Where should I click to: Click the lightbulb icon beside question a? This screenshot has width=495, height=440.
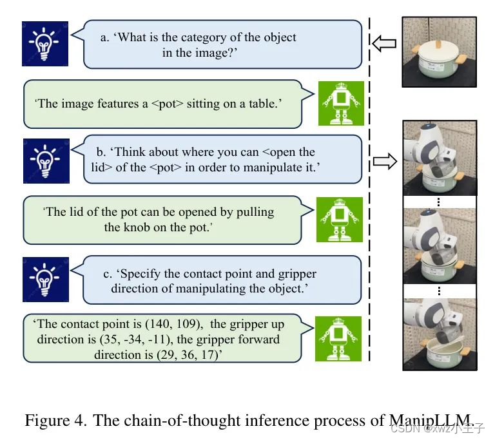coord(44,43)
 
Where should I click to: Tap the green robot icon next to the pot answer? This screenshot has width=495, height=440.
coord(341,103)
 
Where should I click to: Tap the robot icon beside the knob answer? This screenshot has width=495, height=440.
coord(340,220)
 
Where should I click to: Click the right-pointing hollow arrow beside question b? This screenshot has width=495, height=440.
coord(385,161)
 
